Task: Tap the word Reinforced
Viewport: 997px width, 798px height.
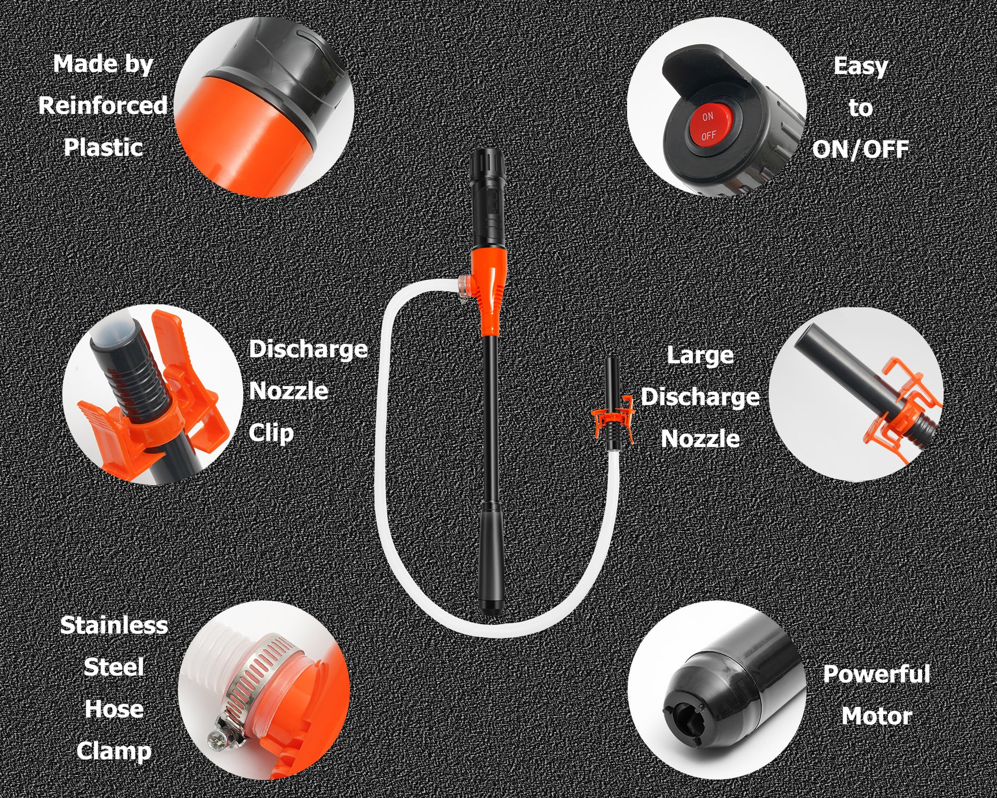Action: click(103, 106)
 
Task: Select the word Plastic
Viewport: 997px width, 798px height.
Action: click(103, 148)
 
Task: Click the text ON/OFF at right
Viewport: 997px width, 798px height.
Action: click(860, 149)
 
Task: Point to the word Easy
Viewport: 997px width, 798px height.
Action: click(860, 67)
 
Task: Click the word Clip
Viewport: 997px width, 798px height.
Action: click(271, 433)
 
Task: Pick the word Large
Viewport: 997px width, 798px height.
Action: click(700, 356)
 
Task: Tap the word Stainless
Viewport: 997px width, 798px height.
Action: click(114, 625)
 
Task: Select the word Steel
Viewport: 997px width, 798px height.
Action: click(114, 667)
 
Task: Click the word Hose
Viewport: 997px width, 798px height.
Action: click(114, 709)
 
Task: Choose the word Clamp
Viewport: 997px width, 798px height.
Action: click(114, 752)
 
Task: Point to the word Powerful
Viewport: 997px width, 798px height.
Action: click(876, 674)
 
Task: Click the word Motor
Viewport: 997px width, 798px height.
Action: click(877, 717)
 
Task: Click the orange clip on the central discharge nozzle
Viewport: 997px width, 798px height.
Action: click(612, 418)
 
